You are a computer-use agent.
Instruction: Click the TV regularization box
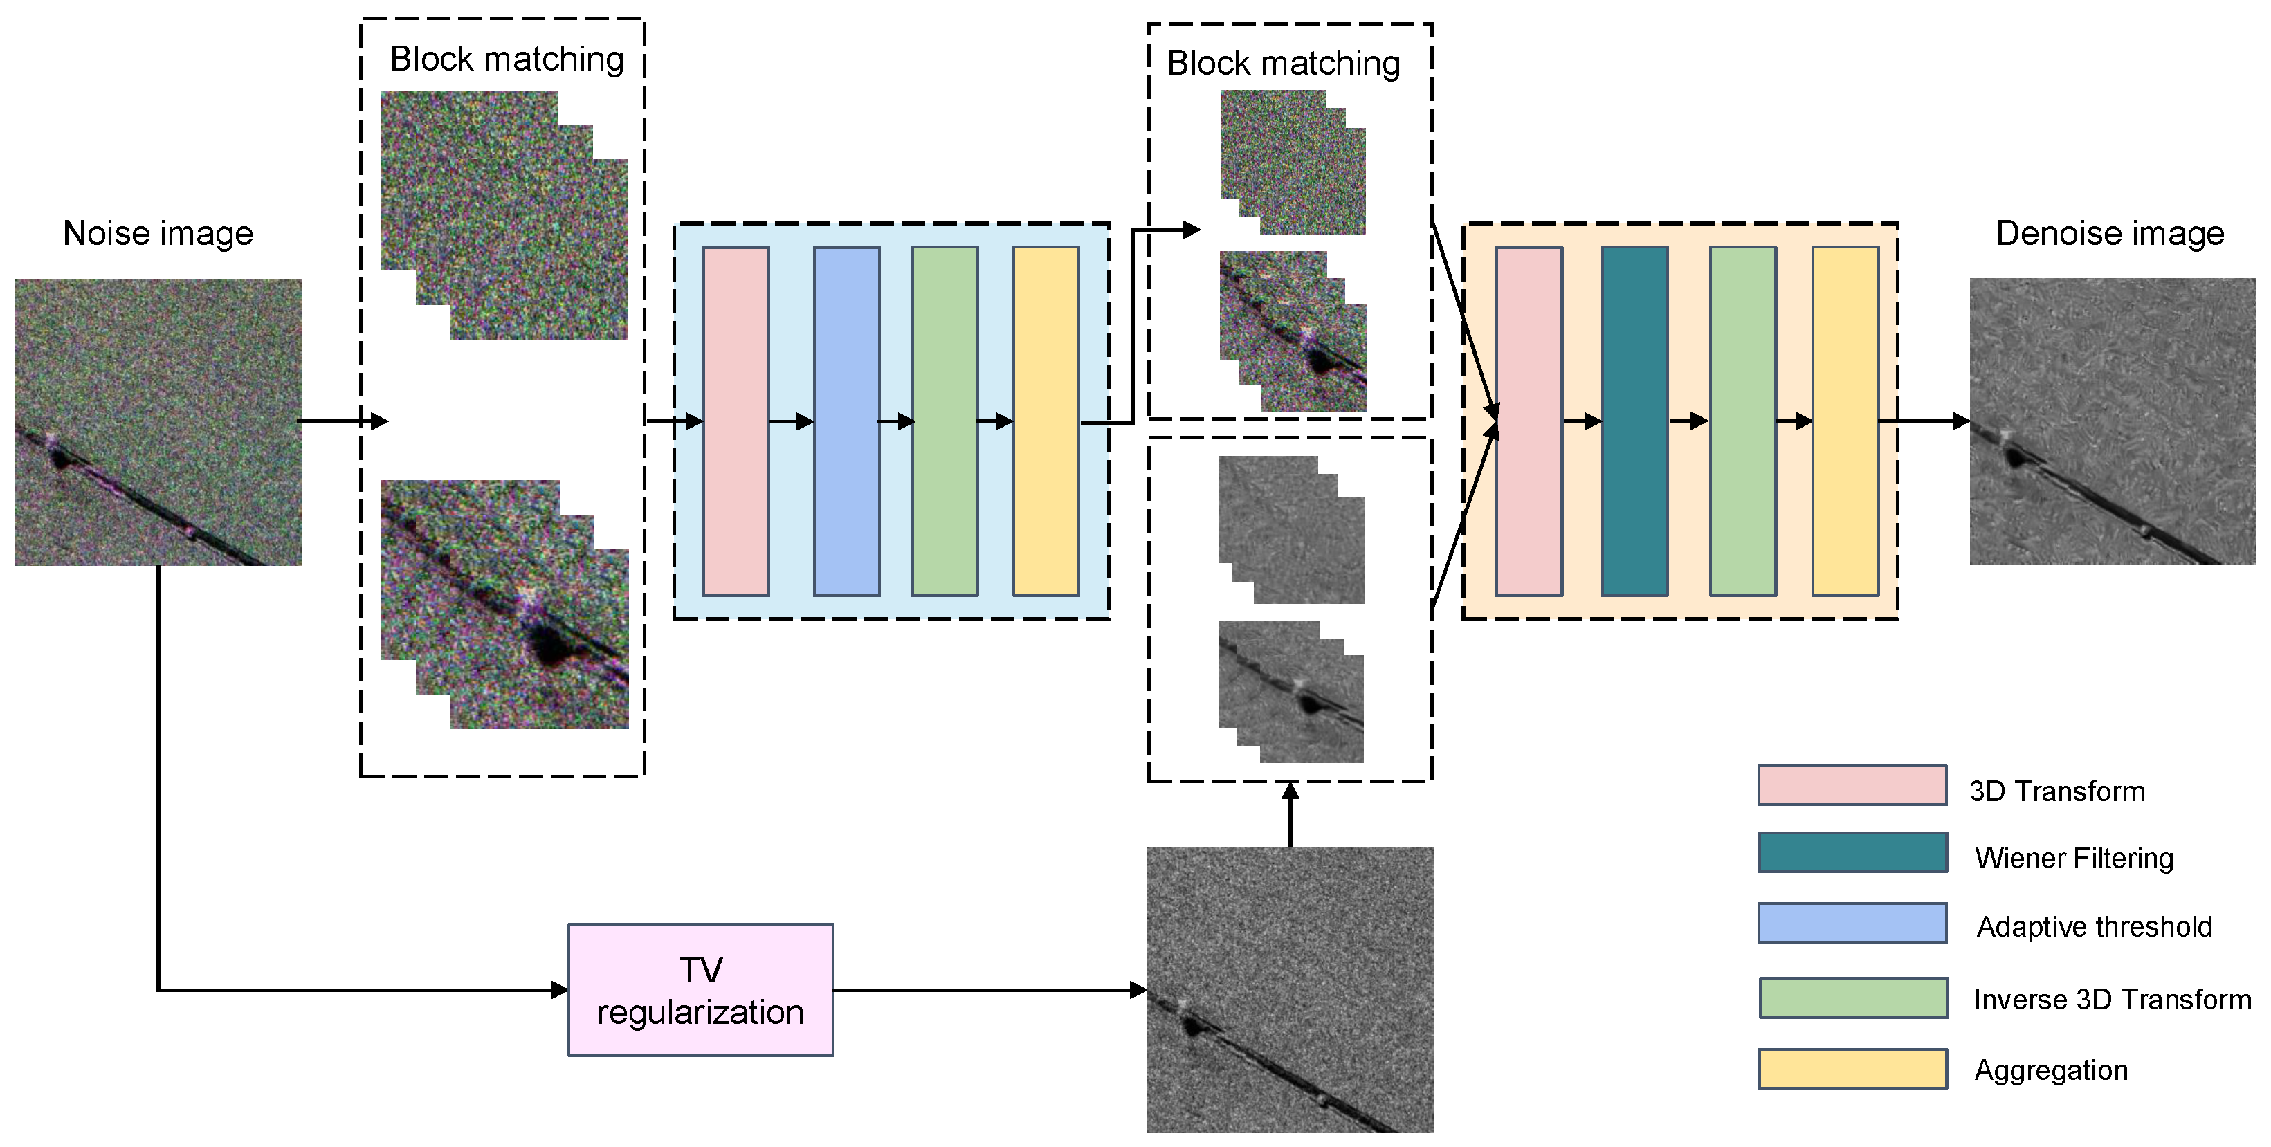pos(700,989)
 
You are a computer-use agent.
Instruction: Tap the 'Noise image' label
pos(158,234)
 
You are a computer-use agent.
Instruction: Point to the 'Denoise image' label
pos(2109,234)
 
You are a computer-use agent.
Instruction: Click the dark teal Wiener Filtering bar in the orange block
pos(1634,421)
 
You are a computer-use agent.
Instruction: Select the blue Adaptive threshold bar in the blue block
pos(846,421)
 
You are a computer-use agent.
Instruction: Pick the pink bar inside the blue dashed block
pos(736,421)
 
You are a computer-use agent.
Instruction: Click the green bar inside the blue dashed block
pos(945,421)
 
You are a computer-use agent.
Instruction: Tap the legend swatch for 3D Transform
pos(1852,784)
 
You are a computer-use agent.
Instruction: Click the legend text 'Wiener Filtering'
pos(2074,858)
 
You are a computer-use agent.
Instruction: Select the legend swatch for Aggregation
pos(1852,1069)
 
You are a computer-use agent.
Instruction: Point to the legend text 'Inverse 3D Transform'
pos(2111,999)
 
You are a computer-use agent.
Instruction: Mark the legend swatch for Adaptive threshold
pos(1852,923)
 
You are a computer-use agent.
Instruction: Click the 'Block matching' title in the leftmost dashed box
pos(507,59)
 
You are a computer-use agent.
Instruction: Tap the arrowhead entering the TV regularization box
pos(560,989)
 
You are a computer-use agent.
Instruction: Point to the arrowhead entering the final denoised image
pos(1961,421)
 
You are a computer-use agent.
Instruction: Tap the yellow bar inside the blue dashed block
pos(1046,421)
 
